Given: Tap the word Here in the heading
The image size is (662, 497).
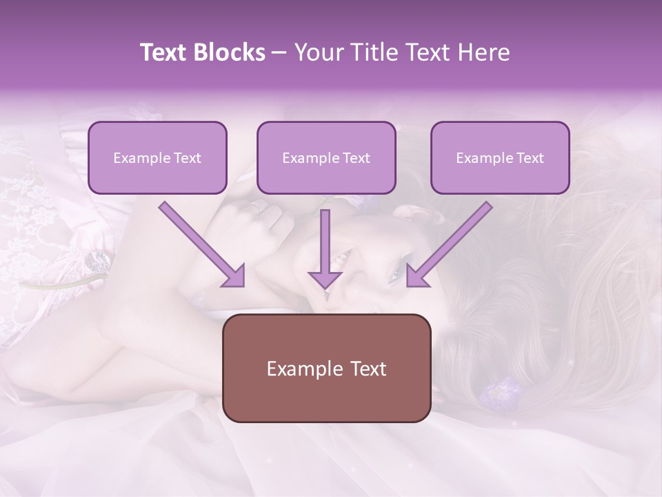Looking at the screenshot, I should point(483,52).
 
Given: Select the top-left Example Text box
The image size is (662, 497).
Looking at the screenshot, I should point(157,157).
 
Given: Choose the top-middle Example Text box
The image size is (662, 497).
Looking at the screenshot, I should point(326,157).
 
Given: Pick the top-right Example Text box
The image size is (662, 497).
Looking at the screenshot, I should point(500,157).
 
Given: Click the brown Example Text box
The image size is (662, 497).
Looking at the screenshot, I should point(326,368).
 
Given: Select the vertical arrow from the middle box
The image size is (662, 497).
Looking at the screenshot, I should point(325,242).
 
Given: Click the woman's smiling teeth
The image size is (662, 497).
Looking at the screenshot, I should point(339,260).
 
